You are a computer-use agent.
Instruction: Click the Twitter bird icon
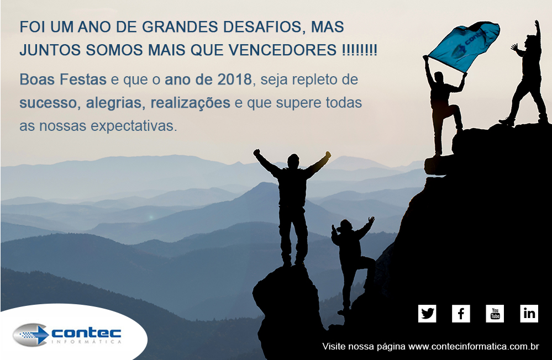click(427, 314)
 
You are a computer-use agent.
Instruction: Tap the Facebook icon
click(461, 314)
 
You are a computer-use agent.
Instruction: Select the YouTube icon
click(495, 314)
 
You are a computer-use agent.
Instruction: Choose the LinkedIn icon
click(529, 314)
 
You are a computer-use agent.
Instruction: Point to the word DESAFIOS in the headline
click(262, 27)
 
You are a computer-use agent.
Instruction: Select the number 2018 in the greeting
click(234, 80)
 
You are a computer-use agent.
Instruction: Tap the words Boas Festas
click(63, 80)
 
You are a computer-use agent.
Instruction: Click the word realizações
click(191, 103)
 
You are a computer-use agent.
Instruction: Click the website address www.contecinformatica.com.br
click(474, 346)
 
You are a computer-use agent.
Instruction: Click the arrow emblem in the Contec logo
click(30, 334)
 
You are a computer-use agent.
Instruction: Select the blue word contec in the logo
click(86, 332)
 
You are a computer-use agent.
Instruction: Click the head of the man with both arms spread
click(293, 161)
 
